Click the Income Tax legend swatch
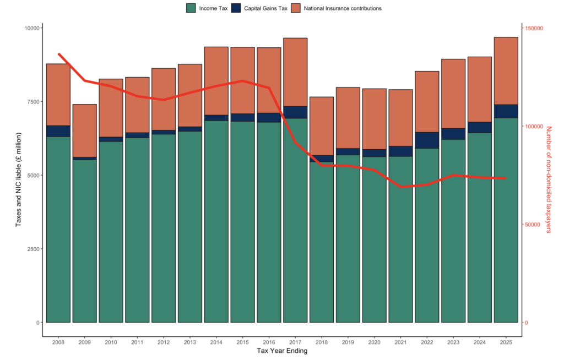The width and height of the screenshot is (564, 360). click(x=191, y=8)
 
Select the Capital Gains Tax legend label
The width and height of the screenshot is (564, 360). click(x=265, y=8)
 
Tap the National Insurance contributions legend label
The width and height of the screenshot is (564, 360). click(x=343, y=8)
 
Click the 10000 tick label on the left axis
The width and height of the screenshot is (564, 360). click(x=31, y=28)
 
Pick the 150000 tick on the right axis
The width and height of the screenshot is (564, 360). click(x=534, y=28)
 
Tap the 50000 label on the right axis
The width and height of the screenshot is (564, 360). click(x=533, y=225)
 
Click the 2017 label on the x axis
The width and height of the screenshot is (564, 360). click(x=295, y=342)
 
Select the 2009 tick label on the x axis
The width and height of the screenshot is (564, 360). click(x=84, y=342)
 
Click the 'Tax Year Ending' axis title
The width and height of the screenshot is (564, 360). click(x=282, y=351)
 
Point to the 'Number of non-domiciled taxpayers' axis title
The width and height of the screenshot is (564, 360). click(x=549, y=179)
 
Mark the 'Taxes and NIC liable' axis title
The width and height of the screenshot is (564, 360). click(x=18, y=179)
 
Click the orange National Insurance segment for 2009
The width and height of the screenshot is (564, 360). click(x=84, y=130)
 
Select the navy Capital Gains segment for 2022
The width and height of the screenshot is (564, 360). click(x=427, y=140)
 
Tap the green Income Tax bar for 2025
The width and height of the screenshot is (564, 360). click(x=506, y=220)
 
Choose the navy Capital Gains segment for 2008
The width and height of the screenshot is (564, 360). click(x=58, y=131)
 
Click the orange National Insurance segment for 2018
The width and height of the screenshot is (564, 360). click(x=322, y=126)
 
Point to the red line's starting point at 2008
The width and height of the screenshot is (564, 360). click(x=58, y=54)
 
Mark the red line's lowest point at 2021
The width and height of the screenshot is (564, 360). click(x=401, y=187)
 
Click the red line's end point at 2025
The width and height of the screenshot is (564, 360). click(x=506, y=178)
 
